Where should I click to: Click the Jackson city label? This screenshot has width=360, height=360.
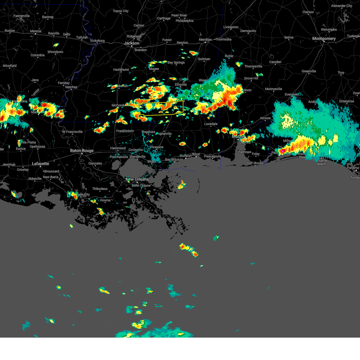pyautogui.click(x=132, y=43)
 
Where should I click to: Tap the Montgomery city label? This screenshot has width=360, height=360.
pyautogui.click(x=324, y=39)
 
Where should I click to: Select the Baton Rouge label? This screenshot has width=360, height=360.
pyautogui.click(x=82, y=151)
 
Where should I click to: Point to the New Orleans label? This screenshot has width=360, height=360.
pyautogui.click(x=137, y=179)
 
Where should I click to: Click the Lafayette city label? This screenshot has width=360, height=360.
pyautogui.click(x=40, y=164)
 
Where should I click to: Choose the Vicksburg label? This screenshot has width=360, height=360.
pyautogui.click(x=97, y=41)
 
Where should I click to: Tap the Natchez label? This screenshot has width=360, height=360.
pyautogui.click(x=71, y=87)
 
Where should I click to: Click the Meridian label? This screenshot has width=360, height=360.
pyautogui.click(x=205, y=40)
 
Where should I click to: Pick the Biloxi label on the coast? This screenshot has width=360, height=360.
pyautogui.click(x=196, y=154)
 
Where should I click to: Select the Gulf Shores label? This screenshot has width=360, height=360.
pyautogui.click(x=255, y=163)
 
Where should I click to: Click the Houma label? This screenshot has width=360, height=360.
pyautogui.click(x=105, y=200)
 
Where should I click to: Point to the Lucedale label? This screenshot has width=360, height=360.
pyautogui.click(x=211, y=124)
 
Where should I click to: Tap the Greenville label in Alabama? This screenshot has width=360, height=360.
pyautogui.click(x=309, y=71)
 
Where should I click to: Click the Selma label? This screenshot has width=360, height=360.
pyautogui.click(x=289, y=37)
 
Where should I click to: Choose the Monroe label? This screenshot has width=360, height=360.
pyautogui.click(x=36, y=31)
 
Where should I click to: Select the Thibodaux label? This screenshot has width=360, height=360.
pyautogui.click(x=100, y=189)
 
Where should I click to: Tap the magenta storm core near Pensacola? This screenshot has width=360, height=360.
pyautogui.click(x=283, y=151)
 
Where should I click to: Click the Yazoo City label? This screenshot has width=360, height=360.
pyautogui.click(x=121, y=11)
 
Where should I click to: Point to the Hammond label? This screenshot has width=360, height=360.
pyautogui.click(x=118, y=148)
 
